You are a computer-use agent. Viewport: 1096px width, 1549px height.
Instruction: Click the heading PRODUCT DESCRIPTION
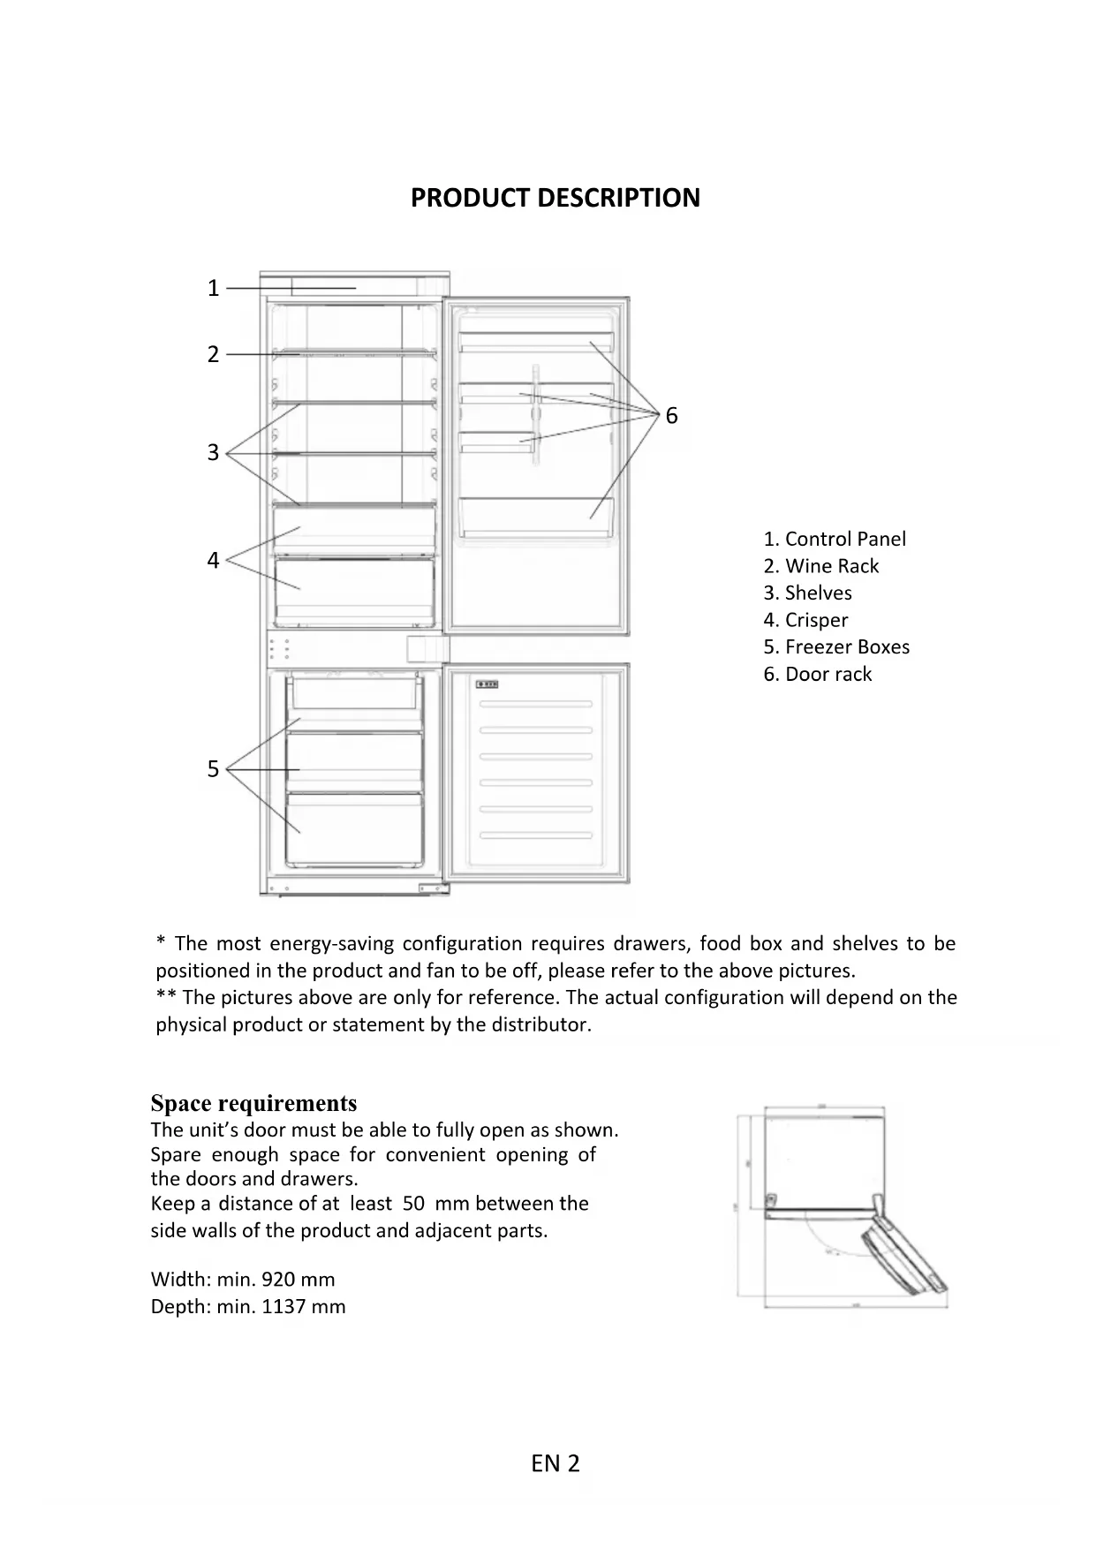(555, 198)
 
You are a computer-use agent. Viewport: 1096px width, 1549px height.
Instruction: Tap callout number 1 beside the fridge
(213, 288)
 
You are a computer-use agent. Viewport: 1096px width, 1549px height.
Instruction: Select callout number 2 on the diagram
(213, 354)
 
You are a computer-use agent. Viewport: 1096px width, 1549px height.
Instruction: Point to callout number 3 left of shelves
(213, 452)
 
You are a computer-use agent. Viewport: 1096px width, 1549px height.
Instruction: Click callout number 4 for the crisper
(213, 560)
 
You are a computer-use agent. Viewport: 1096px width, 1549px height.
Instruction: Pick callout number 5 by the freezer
(213, 769)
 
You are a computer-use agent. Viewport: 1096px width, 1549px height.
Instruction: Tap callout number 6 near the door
(671, 415)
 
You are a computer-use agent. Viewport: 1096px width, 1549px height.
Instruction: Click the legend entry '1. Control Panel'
(835, 539)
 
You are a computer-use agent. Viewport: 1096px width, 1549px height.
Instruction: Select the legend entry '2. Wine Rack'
(821, 566)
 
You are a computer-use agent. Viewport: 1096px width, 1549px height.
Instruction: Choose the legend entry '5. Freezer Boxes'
(836, 647)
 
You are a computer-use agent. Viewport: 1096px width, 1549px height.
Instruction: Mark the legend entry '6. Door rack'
(818, 675)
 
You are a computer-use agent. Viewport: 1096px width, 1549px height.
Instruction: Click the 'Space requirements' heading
(253, 1104)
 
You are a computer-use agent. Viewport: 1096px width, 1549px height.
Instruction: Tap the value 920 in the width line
(278, 1280)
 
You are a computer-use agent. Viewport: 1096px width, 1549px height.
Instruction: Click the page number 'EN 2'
(556, 1464)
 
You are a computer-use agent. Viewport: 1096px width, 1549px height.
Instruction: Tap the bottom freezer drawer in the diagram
(353, 828)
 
